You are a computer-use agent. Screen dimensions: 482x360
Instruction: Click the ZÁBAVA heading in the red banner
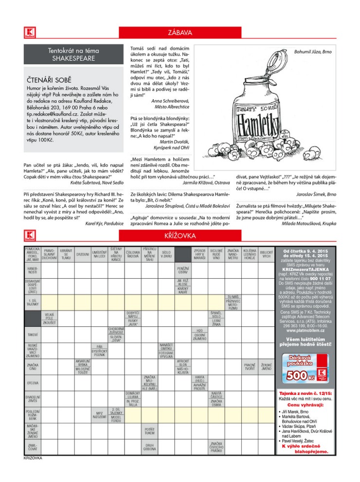click(x=180, y=33)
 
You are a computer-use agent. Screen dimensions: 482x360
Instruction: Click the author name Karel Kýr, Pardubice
click(x=104, y=223)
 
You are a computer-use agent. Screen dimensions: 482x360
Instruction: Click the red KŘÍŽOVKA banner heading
click(x=180, y=236)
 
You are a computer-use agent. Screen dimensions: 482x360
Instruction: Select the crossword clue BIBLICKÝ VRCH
click(x=266, y=254)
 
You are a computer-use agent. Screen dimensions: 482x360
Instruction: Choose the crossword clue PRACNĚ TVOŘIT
click(x=250, y=366)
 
